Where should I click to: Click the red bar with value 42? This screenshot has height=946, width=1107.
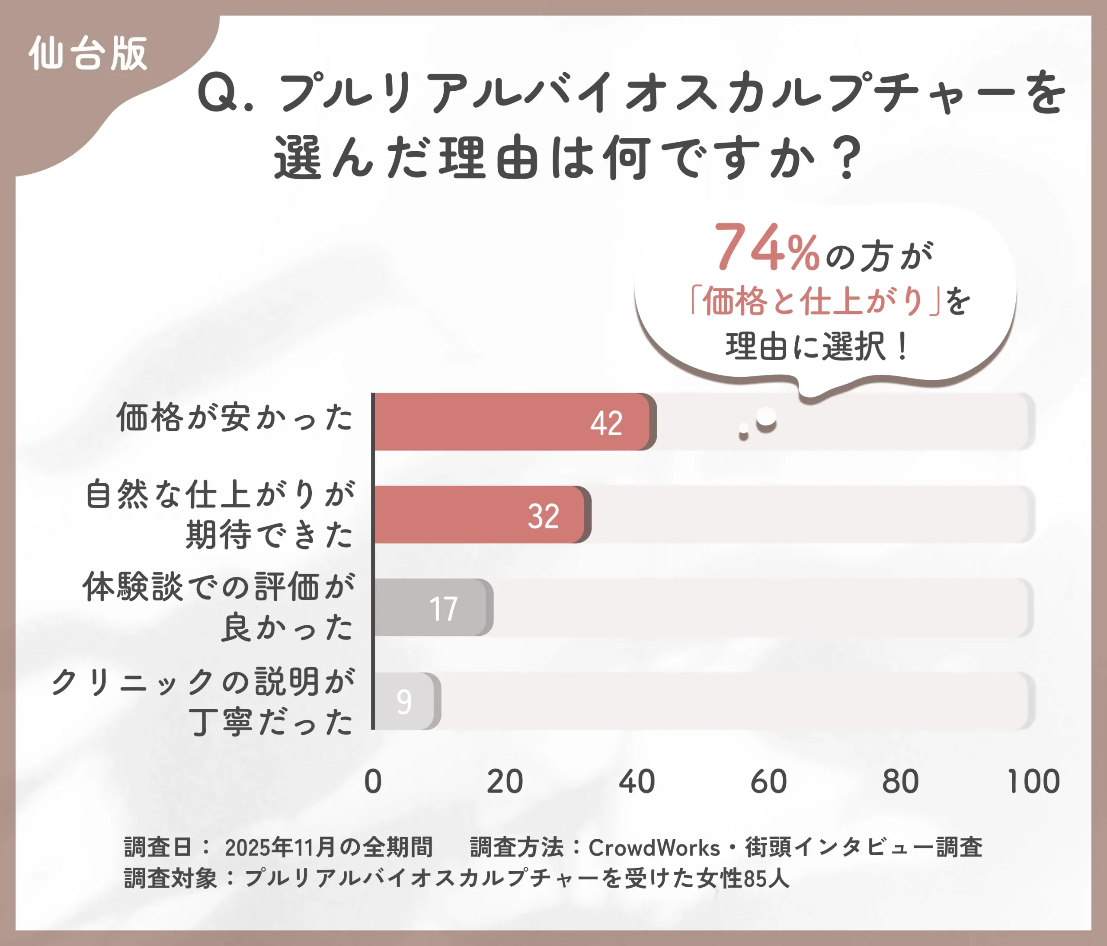tap(513, 422)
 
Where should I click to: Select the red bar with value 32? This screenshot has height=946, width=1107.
tap(481, 515)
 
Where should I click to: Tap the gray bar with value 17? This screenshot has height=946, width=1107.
tap(433, 608)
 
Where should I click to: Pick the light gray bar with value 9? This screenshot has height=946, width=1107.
tap(406, 701)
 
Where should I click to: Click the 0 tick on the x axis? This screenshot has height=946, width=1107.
tap(373, 782)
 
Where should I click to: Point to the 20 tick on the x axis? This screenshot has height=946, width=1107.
tap(505, 782)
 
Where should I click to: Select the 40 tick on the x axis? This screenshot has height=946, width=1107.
tap(637, 782)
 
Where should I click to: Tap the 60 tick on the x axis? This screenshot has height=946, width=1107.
tap(769, 782)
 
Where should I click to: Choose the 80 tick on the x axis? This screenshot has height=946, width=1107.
tap(901, 782)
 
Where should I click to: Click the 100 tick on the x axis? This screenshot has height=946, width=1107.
tap(1033, 782)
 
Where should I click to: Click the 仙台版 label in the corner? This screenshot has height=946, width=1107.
tap(88, 54)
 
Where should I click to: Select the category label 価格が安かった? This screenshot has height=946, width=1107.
tap(235, 417)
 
